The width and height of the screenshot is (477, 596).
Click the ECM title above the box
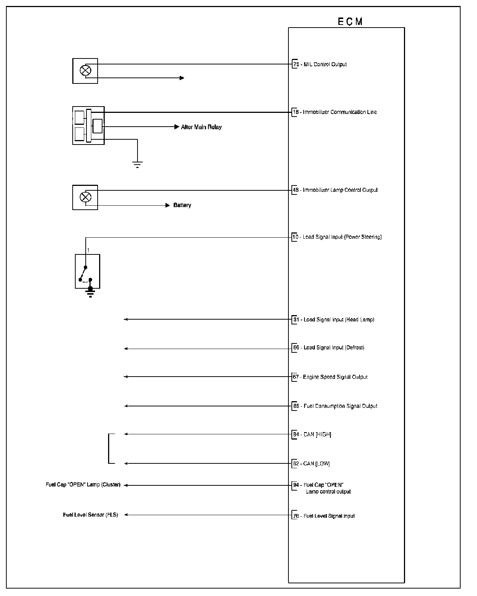(350, 22)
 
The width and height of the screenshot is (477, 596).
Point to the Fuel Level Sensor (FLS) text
(90, 515)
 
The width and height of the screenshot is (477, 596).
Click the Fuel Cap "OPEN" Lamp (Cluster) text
(83, 485)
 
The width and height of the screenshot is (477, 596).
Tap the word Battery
(182, 205)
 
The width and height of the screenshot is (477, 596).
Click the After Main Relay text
(201, 127)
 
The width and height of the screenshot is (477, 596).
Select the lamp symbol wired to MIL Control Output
(86, 70)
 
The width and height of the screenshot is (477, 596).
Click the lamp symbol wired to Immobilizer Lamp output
(86, 197)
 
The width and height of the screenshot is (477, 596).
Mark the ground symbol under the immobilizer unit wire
(138, 164)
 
